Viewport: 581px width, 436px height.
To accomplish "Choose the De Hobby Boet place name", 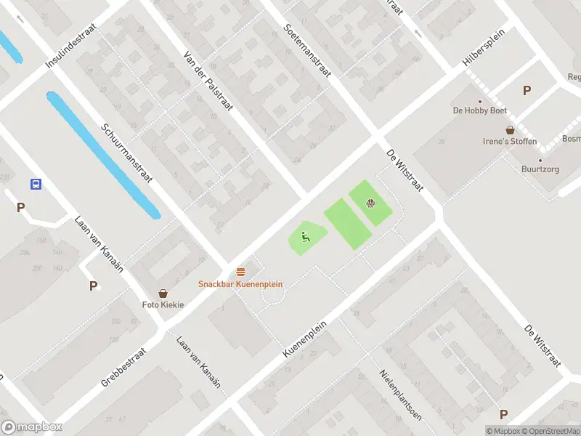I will point(479,110).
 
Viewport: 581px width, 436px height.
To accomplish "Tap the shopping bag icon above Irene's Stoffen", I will point(511,129).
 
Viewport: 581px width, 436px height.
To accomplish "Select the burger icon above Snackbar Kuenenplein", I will point(240,272).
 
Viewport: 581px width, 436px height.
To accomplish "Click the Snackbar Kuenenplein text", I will point(240,284).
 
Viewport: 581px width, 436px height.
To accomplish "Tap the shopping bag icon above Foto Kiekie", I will point(163,293).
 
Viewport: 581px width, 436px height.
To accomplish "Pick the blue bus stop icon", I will point(35,184).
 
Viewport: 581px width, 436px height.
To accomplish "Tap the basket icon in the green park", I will point(371,203).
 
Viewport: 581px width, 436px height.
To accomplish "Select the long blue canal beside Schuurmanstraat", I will point(104,155).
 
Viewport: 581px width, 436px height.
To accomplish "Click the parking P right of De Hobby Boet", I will point(527,91).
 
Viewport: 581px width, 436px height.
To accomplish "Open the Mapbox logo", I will point(32,427).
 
